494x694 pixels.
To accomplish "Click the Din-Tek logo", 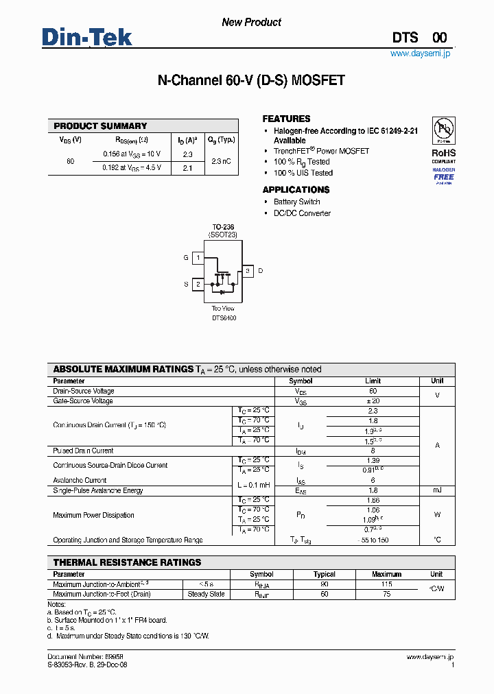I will click(x=87, y=37).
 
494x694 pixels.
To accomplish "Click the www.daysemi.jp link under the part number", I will click(x=421, y=53).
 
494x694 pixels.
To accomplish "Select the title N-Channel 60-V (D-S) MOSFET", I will click(x=251, y=81).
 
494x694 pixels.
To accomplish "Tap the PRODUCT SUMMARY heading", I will click(x=100, y=126).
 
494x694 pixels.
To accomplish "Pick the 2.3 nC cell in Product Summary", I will click(x=221, y=160).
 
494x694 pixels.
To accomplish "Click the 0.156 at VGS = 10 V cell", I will click(x=132, y=154).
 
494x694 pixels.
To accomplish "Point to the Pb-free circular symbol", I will click(x=443, y=130).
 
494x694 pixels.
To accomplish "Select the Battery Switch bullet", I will click(x=296, y=202).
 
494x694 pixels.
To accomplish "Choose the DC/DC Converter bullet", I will click(x=302, y=213).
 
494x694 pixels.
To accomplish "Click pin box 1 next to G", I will click(x=198, y=258).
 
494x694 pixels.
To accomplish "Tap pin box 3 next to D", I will click(x=248, y=271).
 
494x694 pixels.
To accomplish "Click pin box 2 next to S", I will click(x=198, y=284).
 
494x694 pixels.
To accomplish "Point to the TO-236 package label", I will click(x=222, y=227).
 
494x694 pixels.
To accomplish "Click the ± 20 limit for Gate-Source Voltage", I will click(x=373, y=400).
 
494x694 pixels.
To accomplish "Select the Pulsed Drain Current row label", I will click(x=83, y=451).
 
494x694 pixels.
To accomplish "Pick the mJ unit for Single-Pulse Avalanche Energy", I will click(x=436, y=490).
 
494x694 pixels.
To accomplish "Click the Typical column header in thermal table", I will click(x=324, y=574).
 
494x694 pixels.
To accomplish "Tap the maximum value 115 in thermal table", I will click(x=386, y=584).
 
